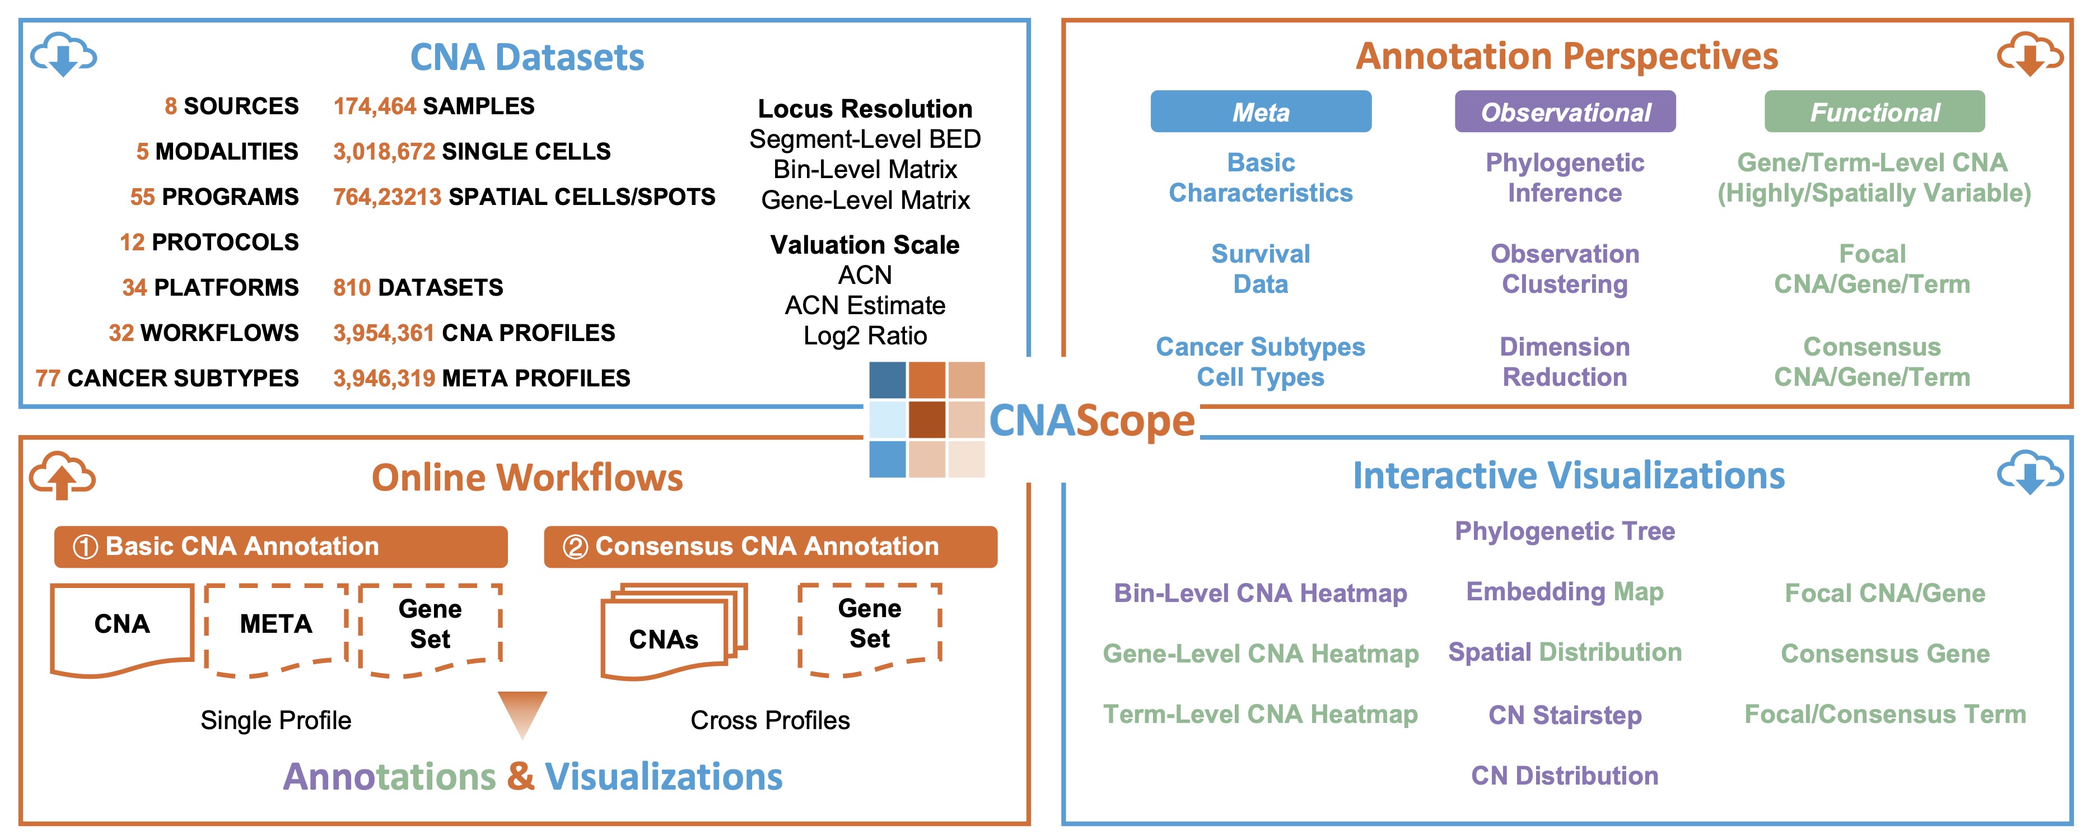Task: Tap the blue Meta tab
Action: tap(1261, 112)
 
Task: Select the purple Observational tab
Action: tap(1565, 112)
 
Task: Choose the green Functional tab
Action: tap(1874, 112)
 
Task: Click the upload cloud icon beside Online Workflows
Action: tap(62, 475)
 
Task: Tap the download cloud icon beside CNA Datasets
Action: tap(64, 55)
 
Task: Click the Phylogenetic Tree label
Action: tap(1565, 531)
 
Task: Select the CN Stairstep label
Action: tap(1565, 715)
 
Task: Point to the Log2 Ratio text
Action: tap(865, 336)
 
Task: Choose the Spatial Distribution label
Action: tap(1565, 652)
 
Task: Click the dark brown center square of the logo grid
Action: tap(927, 419)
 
